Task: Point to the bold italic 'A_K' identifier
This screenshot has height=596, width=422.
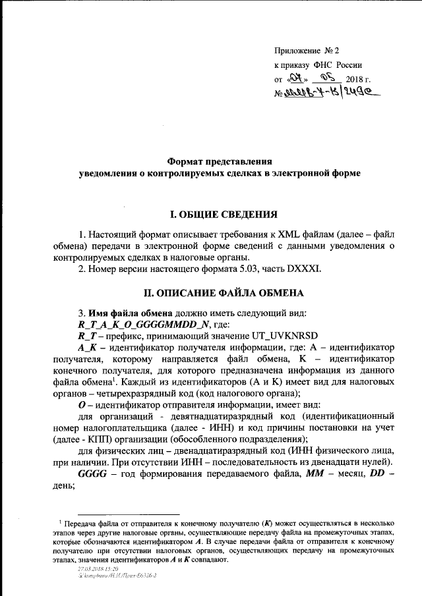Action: [x=88, y=347]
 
